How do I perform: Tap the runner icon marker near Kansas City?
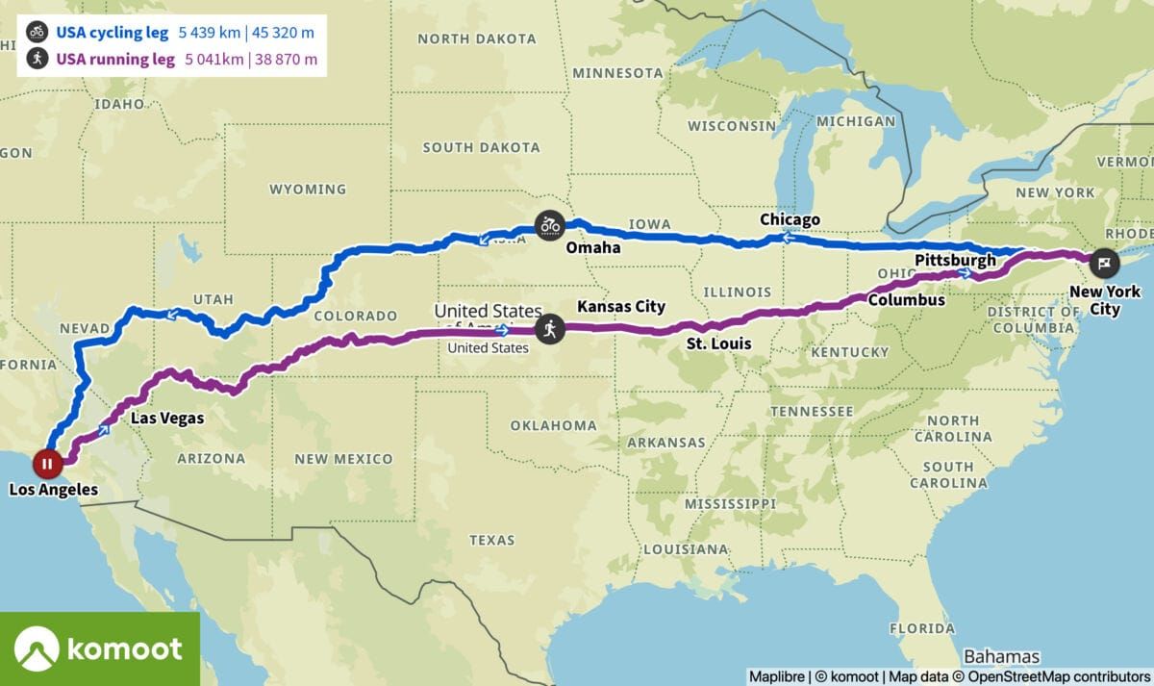tap(549, 329)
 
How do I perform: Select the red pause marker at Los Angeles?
tap(47, 464)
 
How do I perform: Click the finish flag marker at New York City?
tap(1104, 260)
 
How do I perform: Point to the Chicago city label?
tap(790, 219)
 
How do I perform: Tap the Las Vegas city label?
tap(167, 419)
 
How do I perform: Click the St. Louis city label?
tap(719, 343)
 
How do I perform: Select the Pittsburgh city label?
tap(955, 260)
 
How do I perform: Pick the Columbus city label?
tap(907, 300)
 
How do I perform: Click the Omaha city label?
tap(592, 248)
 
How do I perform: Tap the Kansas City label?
tap(621, 307)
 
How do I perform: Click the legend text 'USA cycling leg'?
tap(112, 31)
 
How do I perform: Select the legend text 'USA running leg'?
tap(114, 59)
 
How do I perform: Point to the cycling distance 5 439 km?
tap(210, 31)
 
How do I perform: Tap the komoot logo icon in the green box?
tap(38, 648)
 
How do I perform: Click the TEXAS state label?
tap(492, 540)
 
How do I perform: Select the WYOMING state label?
tap(308, 189)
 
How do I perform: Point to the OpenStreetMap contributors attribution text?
tap(1059, 676)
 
